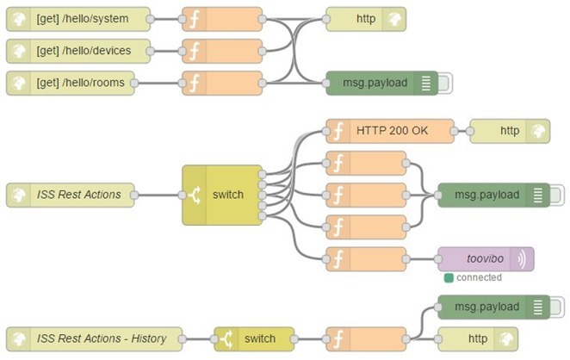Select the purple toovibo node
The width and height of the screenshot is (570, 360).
click(x=486, y=259)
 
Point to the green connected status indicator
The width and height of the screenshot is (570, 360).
click(x=449, y=278)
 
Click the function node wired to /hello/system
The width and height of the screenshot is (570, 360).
click(x=222, y=18)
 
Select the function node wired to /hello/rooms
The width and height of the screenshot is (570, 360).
click(x=222, y=84)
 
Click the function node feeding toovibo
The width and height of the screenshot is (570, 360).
click(x=365, y=259)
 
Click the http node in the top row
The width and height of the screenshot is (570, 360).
click(x=365, y=18)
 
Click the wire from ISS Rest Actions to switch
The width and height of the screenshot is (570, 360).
click(x=161, y=195)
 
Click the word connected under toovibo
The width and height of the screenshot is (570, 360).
click(x=479, y=278)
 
